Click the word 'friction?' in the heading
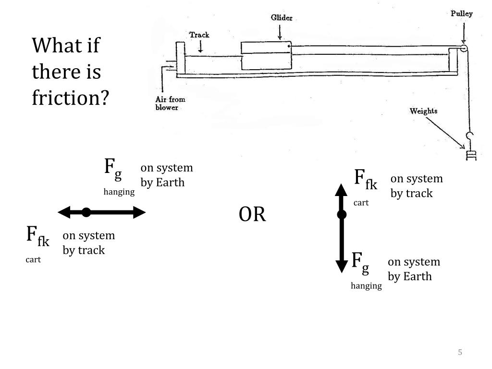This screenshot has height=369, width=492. pos(71,98)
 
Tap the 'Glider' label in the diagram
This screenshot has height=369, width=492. pos(282,18)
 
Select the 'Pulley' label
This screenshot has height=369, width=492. pos(461,13)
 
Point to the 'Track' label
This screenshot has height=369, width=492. pos(199,35)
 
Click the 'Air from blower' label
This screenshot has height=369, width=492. pos(170,103)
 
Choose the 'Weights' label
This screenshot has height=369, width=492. pos(423,111)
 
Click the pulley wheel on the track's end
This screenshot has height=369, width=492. pos(464,49)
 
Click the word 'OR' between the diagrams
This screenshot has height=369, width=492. pos(252,215)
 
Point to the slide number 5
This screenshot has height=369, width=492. pos(460,353)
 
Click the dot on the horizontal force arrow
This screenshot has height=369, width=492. pos(86,212)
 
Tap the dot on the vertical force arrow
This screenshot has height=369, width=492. pos(342,215)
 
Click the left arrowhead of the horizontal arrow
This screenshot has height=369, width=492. pos(64,212)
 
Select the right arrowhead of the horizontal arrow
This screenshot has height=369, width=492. pos(139,212)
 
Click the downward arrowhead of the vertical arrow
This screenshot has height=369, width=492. pos(342,266)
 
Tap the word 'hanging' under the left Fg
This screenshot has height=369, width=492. pos(119,192)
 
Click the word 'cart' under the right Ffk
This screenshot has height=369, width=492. pos(361,203)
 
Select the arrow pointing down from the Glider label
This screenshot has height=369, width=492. pos(281,32)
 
